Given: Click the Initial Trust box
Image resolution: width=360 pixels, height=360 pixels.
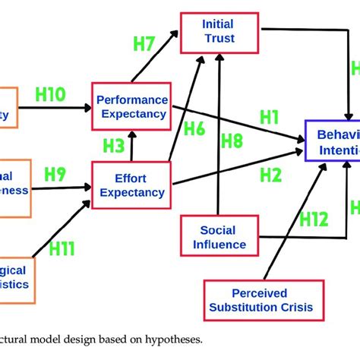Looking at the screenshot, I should (x=218, y=31).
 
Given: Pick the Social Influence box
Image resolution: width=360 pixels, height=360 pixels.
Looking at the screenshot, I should (x=218, y=236).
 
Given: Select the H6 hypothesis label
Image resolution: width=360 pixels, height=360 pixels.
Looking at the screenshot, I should (x=194, y=130).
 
